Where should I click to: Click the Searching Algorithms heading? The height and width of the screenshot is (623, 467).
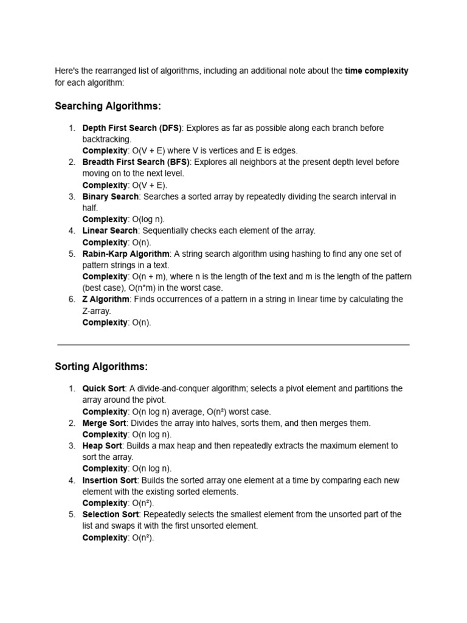click(108, 106)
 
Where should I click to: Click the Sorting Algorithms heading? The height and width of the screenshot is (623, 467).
click(101, 367)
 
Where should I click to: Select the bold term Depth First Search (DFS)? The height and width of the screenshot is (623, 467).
click(132, 128)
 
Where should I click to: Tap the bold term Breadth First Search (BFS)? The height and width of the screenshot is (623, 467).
click(136, 162)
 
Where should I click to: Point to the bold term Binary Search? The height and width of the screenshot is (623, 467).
click(111, 197)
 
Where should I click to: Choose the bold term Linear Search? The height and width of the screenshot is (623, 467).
click(110, 231)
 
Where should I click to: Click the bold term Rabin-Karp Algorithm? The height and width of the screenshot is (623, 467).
click(126, 254)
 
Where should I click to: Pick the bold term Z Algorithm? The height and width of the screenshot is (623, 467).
click(106, 299)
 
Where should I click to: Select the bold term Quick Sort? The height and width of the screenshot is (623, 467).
click(103, 389)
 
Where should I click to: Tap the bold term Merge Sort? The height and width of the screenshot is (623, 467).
click(104, 423)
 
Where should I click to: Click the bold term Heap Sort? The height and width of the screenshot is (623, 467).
click(102, 446)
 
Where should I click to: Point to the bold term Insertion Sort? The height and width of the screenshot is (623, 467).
click(109, 481)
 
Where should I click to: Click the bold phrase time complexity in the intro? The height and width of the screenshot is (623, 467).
click(376, 71)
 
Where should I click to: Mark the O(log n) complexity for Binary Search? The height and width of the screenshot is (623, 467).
click(148, 220)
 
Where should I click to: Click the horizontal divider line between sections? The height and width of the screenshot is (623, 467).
click(233, 344)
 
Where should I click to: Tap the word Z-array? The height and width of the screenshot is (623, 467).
click(97, 311)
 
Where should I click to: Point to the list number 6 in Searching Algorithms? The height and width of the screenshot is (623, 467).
click(71, 299)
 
